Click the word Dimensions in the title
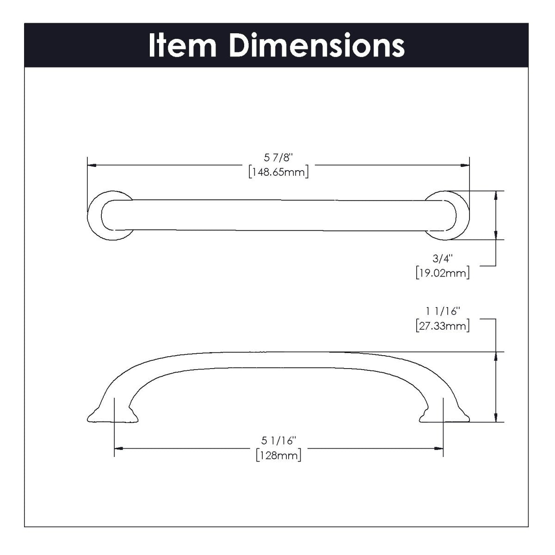pyautogui.click(x=317, y=45)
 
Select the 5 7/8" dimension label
pyautogui.click(x=279, y=159)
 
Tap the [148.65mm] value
pyautogui.click(x=278, y=173)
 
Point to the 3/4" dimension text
pyautogui.click(x=443, y=259)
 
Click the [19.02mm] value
pyautogui.click(x=443, y=272)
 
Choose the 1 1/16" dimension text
pyautogui.click(x=443, y=313)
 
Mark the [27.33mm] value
pyautogui.click(x=443, y=326)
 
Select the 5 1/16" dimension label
pyautogui.click(x=278, y=442)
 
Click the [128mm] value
pyautogui.click(x=278, y=456)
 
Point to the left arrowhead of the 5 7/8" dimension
pyautogui.click(x=91, y=165)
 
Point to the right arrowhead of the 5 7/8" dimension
pyautogui.click(x=466, y=165)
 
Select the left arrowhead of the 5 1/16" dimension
pyautogui.click(x=118, y=448)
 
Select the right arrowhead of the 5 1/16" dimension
pyautogui.click(x=439, y=448)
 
